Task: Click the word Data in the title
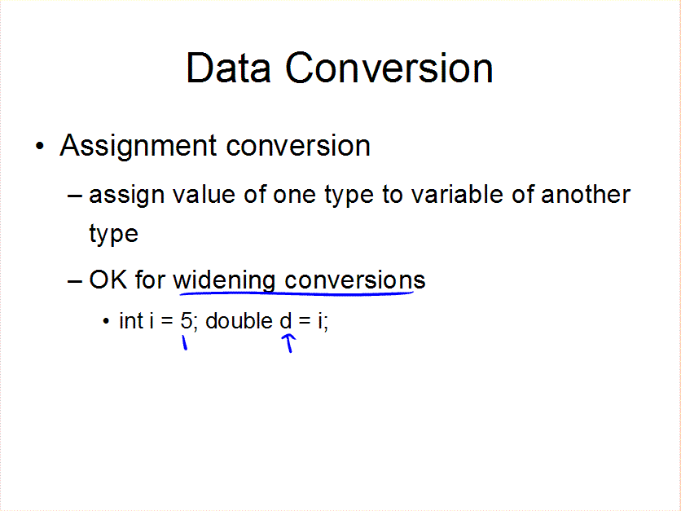point(228,68)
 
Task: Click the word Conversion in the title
point(389,68)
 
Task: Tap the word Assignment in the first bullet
point(138,147)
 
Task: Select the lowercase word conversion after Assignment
point(298,146)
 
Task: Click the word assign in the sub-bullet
point(126,196)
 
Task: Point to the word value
point(204,194)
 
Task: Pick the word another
point(586,194)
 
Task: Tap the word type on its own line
point(113,235)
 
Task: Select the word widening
point(224,281)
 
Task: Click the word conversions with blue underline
point(355,280)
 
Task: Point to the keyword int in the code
point(131,321)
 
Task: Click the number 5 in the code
point(186,321)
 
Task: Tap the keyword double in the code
point(239,320)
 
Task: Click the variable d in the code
point(285,320)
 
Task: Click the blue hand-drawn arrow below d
point(288,343)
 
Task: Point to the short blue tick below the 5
point(185,342)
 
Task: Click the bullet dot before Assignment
point(40,147)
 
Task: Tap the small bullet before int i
point(106,322)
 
